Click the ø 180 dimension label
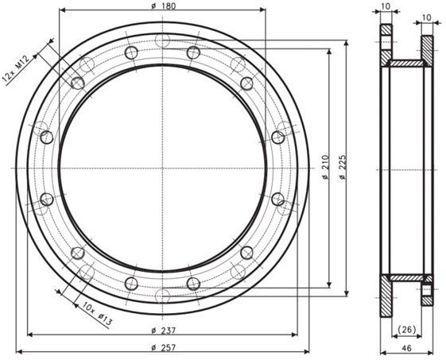pyautogui.click(x=163, y=6)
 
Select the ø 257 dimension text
pyautogui.click(x=164, y=347)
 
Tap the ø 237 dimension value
pyautogui.click(x=164, y=331)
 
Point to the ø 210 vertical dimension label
pyautogui.click(x=325, y=167)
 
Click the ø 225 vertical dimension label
pyautogui.click(x=343, y=167)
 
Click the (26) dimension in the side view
pyautogui.click(x=407, y=329)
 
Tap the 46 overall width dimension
pyautogui.click(x=407, y=348)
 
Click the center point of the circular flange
pyautogui.click(x=162, y=168)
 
